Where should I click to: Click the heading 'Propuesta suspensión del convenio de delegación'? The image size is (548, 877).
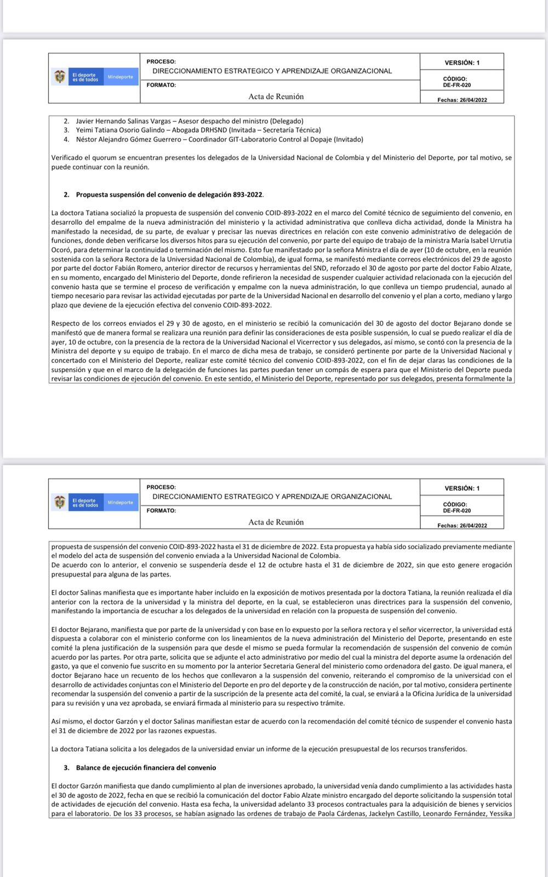[170, 195]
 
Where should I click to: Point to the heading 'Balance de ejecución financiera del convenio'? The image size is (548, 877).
[146, 768]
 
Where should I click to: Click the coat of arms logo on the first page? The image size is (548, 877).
[59, 77]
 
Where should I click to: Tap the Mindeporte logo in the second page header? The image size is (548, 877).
[120, 502]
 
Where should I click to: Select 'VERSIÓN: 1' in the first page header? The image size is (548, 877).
[462, 62]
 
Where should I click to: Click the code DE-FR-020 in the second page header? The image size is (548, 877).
[456, 511]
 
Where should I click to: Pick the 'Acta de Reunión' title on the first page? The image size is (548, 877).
[276, 96]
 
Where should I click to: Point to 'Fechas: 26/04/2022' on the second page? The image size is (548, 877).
[462, 526]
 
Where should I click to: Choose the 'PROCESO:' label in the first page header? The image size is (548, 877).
[161, 61]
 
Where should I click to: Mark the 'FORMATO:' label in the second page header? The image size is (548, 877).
[161, 510]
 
